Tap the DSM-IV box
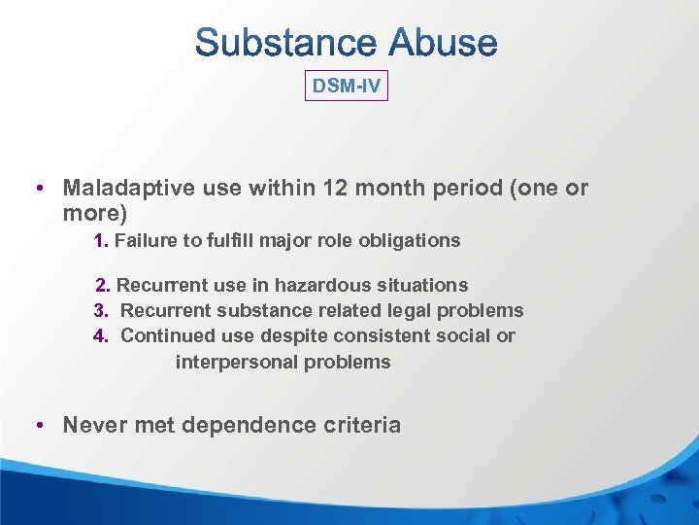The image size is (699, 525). pyautogui.click(x=347, y=87)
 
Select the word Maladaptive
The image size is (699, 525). pyautogui.click(x=129, y=188)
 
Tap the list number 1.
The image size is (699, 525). pyautogui.click(x=100, y=240)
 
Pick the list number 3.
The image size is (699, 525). pyautogui.click(x=100, y=311)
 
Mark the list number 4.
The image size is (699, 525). pyautogui.click(x=100, y=336)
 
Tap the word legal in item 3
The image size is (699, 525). pyautogui.click(x=413, y=311)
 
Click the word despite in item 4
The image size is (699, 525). pyautogui.click(x=282, y=336)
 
